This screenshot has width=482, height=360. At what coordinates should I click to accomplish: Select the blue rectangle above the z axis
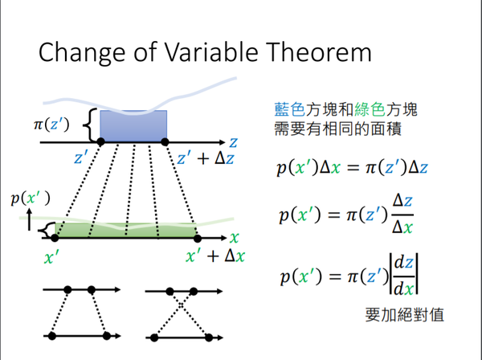coord(133,125)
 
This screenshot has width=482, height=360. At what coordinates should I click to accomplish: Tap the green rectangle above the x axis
coord(125,231)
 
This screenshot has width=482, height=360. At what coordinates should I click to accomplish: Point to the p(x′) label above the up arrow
coord(30,196)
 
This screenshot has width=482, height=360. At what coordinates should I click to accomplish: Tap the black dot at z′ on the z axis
coord(100,142)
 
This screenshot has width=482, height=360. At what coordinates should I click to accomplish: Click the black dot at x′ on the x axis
coord(55,238)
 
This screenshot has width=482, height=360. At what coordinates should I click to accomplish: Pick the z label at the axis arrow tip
coord(232,141)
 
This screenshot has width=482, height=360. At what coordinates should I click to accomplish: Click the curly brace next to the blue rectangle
coord(90,125)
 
